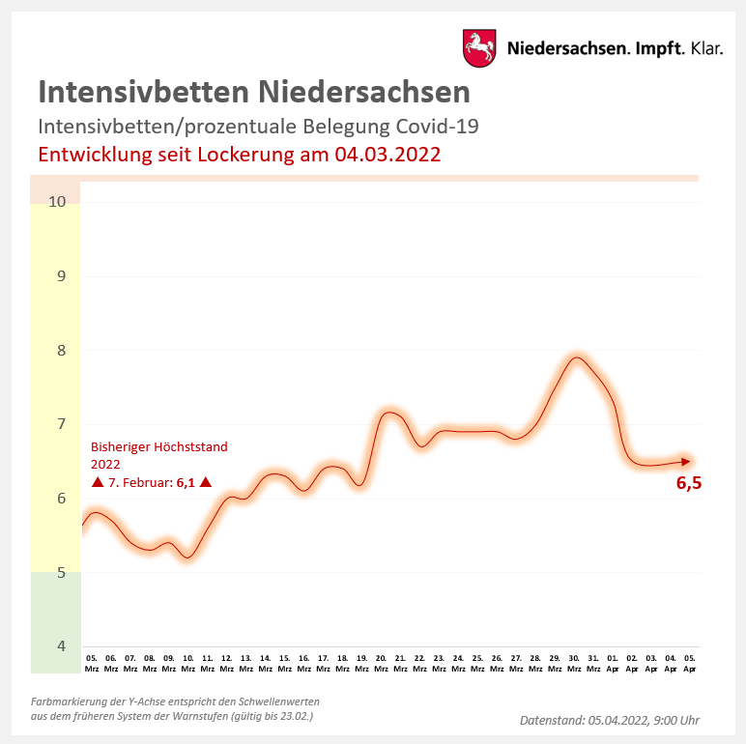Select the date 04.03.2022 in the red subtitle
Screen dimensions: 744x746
(387, 155)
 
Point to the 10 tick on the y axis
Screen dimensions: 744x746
(56, 202)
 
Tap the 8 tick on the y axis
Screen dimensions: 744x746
(60, 350)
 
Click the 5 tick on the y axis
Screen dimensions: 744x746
(60, 573)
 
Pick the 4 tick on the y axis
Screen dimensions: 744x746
(60, 645)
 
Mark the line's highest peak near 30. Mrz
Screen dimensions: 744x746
(577, 358)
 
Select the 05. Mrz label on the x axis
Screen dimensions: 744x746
(92, 662)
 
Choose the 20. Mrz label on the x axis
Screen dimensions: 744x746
(381, 662)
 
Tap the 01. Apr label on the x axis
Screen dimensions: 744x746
(613, 662)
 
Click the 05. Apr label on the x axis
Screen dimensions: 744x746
(690, 662)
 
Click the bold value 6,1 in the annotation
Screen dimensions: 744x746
(186, 482)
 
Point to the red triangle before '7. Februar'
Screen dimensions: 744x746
(97, 482)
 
